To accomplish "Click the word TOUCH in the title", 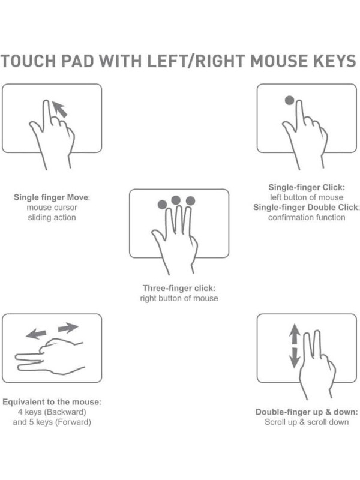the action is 28,61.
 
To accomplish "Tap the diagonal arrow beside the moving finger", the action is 59,109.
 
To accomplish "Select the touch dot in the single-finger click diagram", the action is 289,100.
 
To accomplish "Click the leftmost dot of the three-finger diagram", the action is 162,205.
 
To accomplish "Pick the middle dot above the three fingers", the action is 176,200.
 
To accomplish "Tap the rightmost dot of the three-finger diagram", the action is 190,201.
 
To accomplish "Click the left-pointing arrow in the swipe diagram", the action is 36,334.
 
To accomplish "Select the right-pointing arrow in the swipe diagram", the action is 68,328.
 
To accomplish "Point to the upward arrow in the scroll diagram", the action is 295,334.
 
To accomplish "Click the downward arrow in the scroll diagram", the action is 295,358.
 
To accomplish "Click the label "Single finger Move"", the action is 51,197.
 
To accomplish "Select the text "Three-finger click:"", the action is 179,288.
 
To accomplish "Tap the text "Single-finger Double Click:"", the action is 306,207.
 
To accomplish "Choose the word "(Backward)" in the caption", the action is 65,412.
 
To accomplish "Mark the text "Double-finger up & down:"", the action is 307,412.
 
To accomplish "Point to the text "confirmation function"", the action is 307,217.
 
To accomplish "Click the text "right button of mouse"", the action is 179,298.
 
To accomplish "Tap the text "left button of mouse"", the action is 307,197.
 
